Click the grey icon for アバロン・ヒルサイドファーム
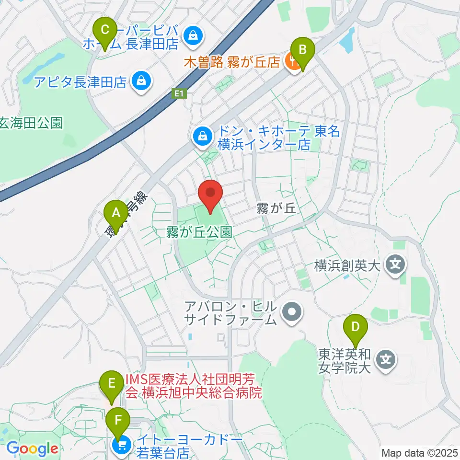pos(291,313)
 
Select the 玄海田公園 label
pos(31,123)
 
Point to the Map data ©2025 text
pos(419,453)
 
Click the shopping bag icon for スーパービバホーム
pos(192,36)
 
